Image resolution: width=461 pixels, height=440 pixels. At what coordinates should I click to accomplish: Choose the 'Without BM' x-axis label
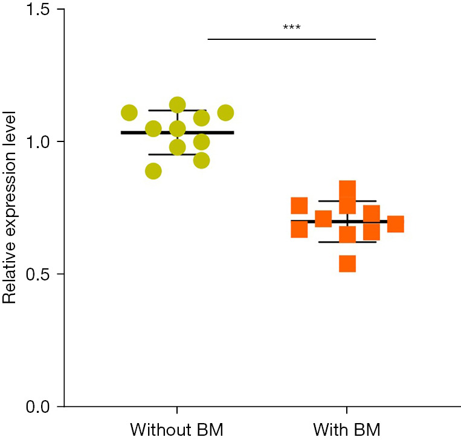(177, 430)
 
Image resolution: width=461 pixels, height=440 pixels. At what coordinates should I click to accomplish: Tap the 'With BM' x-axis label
(347, 430)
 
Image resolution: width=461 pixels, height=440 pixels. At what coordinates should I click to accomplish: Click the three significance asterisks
(292, 28)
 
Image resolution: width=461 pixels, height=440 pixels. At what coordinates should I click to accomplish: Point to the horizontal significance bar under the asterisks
(292, 39)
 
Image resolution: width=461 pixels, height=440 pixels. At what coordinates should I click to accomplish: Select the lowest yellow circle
(153, 171)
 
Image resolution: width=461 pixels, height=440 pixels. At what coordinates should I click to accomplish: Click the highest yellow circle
(177, 105)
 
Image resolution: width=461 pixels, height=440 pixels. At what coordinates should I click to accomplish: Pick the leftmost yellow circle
(129, 112)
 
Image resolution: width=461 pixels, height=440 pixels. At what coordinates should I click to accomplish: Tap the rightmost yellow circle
(225, 112)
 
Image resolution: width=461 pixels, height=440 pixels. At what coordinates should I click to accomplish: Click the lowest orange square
(347, 264)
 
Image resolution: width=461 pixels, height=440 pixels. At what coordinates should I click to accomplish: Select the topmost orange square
(347, 189)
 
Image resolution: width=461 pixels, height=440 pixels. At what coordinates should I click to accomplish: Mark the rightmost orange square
(395, 224)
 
